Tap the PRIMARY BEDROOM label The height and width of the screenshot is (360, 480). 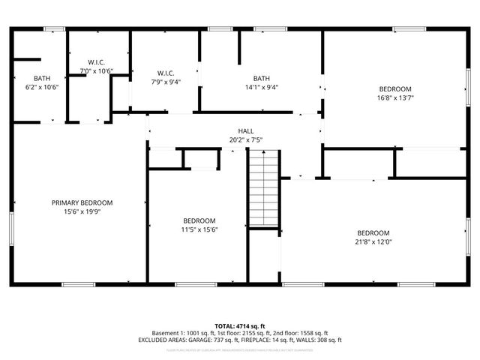[x=82, y=202]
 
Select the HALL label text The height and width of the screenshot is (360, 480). [x=246, y=130]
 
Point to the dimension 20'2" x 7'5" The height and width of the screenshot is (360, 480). [x=246, y=139]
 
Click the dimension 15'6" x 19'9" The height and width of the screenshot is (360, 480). [x=82, y=212]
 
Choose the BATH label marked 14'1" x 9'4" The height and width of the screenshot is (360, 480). [x=261, y=78]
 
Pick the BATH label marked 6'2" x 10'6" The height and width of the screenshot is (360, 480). [x=41, y=78]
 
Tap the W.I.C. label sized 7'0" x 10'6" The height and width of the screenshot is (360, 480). [x=96, y=62]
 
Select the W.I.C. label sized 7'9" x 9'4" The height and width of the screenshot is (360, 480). [x=166, y=73]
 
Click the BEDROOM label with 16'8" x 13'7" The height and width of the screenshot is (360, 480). [x=394, y=88]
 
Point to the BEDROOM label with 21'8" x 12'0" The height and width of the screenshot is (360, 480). [x=373, y=232]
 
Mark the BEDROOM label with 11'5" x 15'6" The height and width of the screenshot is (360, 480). [x=199, y=220]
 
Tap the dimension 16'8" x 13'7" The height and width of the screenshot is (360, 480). [x=394, y=97]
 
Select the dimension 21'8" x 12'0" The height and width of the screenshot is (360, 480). [x=373, y=242]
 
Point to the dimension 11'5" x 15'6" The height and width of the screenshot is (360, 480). [x=199, y=230]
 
